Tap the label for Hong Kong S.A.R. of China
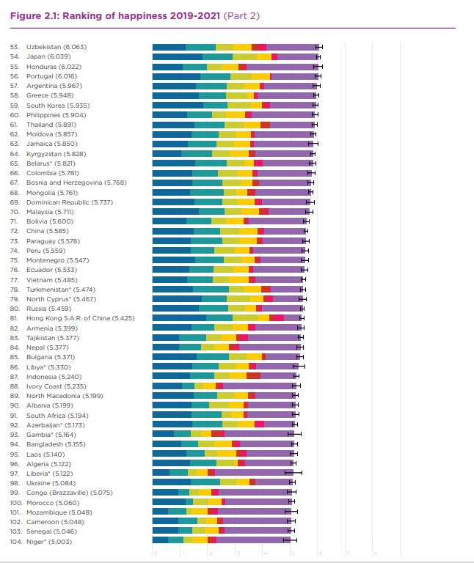[80, 318]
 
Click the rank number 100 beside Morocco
[15, 503]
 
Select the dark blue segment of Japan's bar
[177, 56]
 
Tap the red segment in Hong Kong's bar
[277, 318]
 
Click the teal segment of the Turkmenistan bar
[211, 290]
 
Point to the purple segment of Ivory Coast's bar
[258, 386]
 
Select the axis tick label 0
[154, 553]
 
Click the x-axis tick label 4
[265, 553]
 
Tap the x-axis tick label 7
[349, 553]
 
